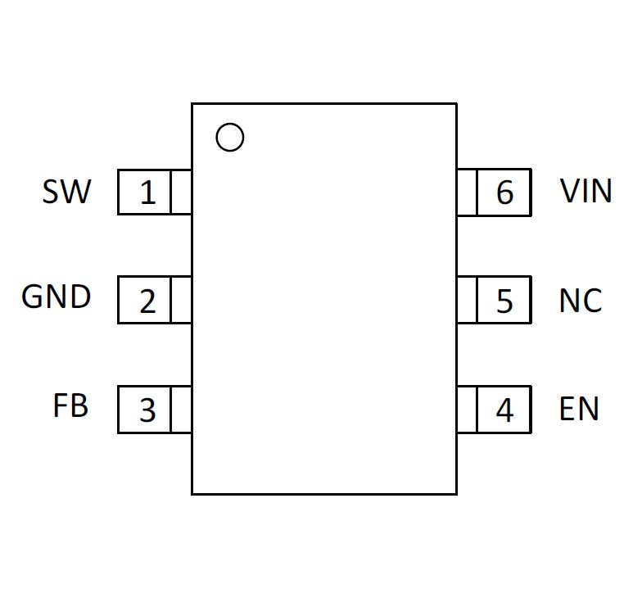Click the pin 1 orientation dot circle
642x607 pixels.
pos(229,123)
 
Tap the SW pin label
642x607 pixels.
pos(67,192)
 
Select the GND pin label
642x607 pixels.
pos(56,297)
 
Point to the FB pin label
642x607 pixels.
pos(70,405)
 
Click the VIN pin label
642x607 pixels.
pos(586,190)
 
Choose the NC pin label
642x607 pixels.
pos(581,301)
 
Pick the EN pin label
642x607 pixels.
pos(579,408)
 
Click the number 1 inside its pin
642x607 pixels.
pos(147,193)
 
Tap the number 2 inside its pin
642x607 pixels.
pos(147,301)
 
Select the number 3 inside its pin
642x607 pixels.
pos(147,410)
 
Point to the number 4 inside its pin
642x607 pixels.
pos(504,410)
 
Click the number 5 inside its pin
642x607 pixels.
pos(504,301)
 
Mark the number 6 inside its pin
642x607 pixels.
pos(504,192)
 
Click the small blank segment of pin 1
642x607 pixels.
pos(180,192)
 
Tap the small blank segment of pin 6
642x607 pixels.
pos(467,192)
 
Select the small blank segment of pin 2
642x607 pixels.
pos(180,300)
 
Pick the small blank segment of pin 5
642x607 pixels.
pos(467,300)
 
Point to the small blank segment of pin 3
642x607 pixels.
pos(180,410)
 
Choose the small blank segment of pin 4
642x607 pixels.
pos(467,410)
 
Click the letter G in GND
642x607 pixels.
pos(31,297)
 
